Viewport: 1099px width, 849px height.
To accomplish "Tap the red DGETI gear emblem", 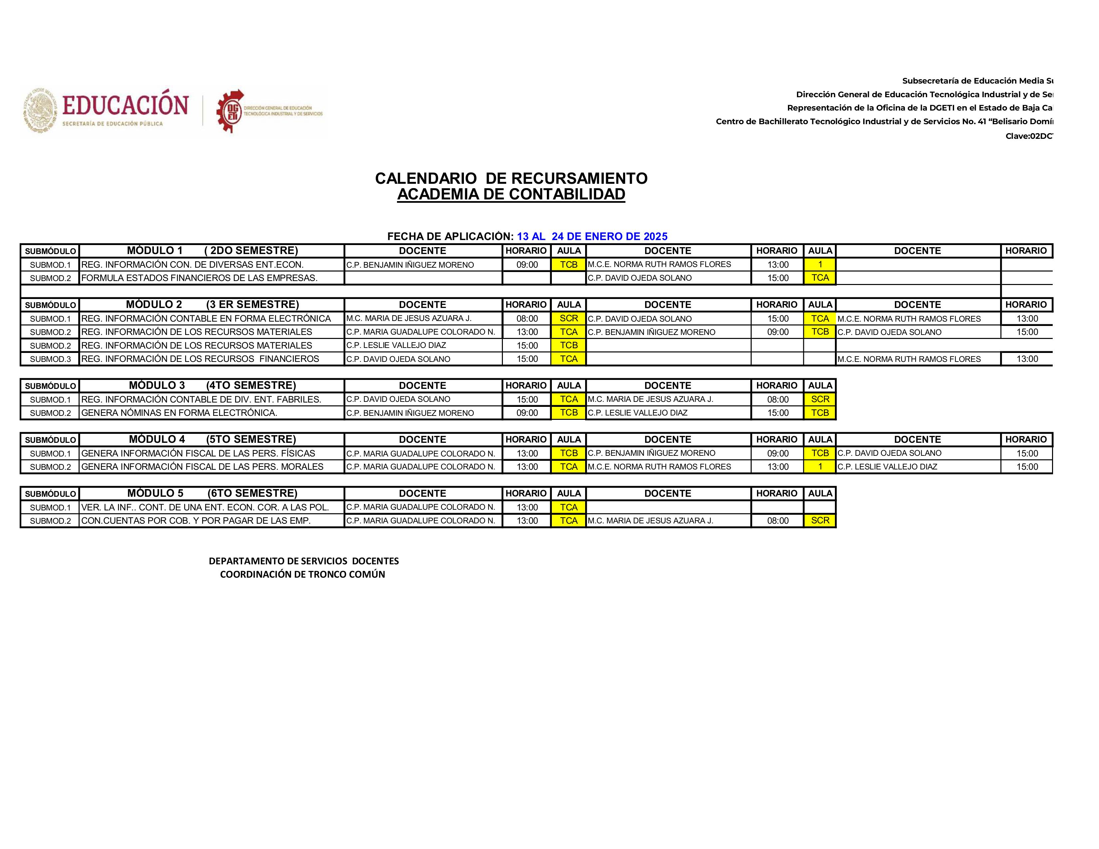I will [x=230, y=111].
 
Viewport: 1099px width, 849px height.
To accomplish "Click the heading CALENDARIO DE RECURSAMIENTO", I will [x=511, y=178].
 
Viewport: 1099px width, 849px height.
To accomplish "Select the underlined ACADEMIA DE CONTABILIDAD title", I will [x=511, y=195].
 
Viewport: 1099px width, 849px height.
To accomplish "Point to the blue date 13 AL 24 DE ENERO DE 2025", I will [x=592, y=236].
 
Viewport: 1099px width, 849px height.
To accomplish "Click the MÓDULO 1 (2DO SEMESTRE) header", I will [x=212, y=250].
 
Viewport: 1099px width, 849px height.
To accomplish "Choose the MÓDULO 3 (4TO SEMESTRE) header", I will [x=212, y=385].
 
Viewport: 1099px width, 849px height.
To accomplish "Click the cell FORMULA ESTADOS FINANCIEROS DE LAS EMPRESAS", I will [x=199, y=278].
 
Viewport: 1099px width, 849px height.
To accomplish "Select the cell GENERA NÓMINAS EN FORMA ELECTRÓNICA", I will [x=179, y=413].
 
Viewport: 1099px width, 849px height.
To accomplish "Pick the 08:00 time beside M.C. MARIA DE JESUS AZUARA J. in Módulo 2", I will [x=527, y=318].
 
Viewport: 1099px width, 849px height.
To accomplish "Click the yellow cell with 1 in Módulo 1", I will [x=820, y=265].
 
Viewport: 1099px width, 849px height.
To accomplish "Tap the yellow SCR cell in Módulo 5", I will [x=820, y=521].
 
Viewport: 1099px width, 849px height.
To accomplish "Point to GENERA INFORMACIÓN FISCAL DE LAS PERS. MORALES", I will [x=202, y=467].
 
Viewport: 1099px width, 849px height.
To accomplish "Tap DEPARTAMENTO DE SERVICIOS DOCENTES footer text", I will [x=303, y=561].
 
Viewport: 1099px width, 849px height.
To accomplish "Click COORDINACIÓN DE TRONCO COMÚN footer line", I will [x=302, y=574].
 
